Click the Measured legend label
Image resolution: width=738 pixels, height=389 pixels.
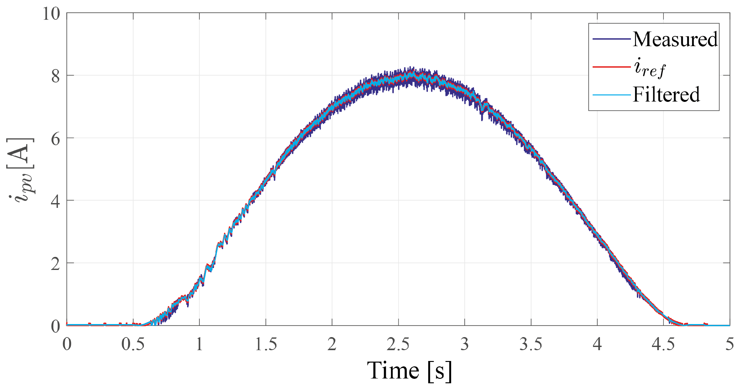[x=675, y=39]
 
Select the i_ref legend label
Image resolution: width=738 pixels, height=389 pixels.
[x=649, y=68]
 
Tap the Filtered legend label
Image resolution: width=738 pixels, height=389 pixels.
[x=666, y=95]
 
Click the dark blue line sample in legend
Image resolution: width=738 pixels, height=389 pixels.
[x=611, y=39]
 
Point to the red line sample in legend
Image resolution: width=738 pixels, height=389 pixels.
[x=611, y=67]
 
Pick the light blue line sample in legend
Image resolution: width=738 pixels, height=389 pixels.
[x=611, y=95]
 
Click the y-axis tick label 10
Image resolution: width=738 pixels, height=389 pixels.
[x=51, y=14]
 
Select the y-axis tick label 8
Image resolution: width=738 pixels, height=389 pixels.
[x=55, y=76]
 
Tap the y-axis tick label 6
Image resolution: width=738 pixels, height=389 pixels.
[x=55, y=139]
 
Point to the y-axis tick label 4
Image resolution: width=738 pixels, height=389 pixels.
[x=55, y=201]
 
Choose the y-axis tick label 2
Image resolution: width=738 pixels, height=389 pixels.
[x=55, y=264]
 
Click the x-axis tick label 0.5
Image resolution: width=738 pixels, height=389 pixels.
[x=133, y=344]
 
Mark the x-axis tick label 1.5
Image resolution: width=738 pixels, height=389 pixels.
[x=265, y=344]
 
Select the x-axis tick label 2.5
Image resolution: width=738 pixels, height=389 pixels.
[x=398, y=344]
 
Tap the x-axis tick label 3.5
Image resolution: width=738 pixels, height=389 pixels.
[x=531, y=344]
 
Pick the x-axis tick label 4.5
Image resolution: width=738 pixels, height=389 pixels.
[x=663, y=344]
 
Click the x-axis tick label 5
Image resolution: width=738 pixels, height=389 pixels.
[x=730, y=344]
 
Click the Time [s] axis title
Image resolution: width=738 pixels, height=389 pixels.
[x=409, y=371]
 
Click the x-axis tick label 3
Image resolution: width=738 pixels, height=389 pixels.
[x=465, y=344]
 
